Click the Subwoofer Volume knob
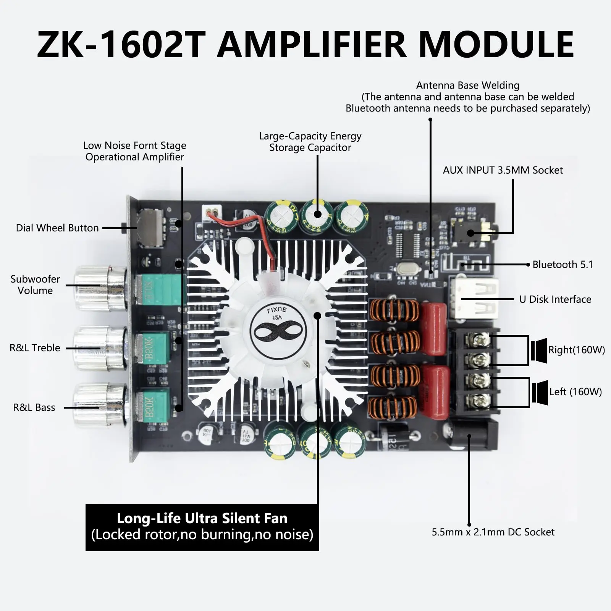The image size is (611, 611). (x=100, y=288)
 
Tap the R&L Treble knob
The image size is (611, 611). (x=100, y=348)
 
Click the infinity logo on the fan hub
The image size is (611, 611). (x=278, y=331)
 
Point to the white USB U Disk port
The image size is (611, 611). (x=475, y=299)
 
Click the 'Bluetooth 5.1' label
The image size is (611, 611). (x=563, y=265)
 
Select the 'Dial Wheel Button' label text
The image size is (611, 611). (x=57, y=228)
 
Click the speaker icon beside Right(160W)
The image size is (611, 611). (x=539, y=350)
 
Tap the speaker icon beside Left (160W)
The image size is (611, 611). (x=540, y=392)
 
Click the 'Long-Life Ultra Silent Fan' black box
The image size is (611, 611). (x=202, y=527)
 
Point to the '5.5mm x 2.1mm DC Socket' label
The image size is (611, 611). (x=493, y=532)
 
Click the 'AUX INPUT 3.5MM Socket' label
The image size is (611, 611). (x=503, y=170)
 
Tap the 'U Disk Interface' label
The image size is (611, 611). (x=555, y=299)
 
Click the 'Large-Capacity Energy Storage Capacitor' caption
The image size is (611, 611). (x=310, y=142)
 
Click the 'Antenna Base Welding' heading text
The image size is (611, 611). (x=467, y=85)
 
